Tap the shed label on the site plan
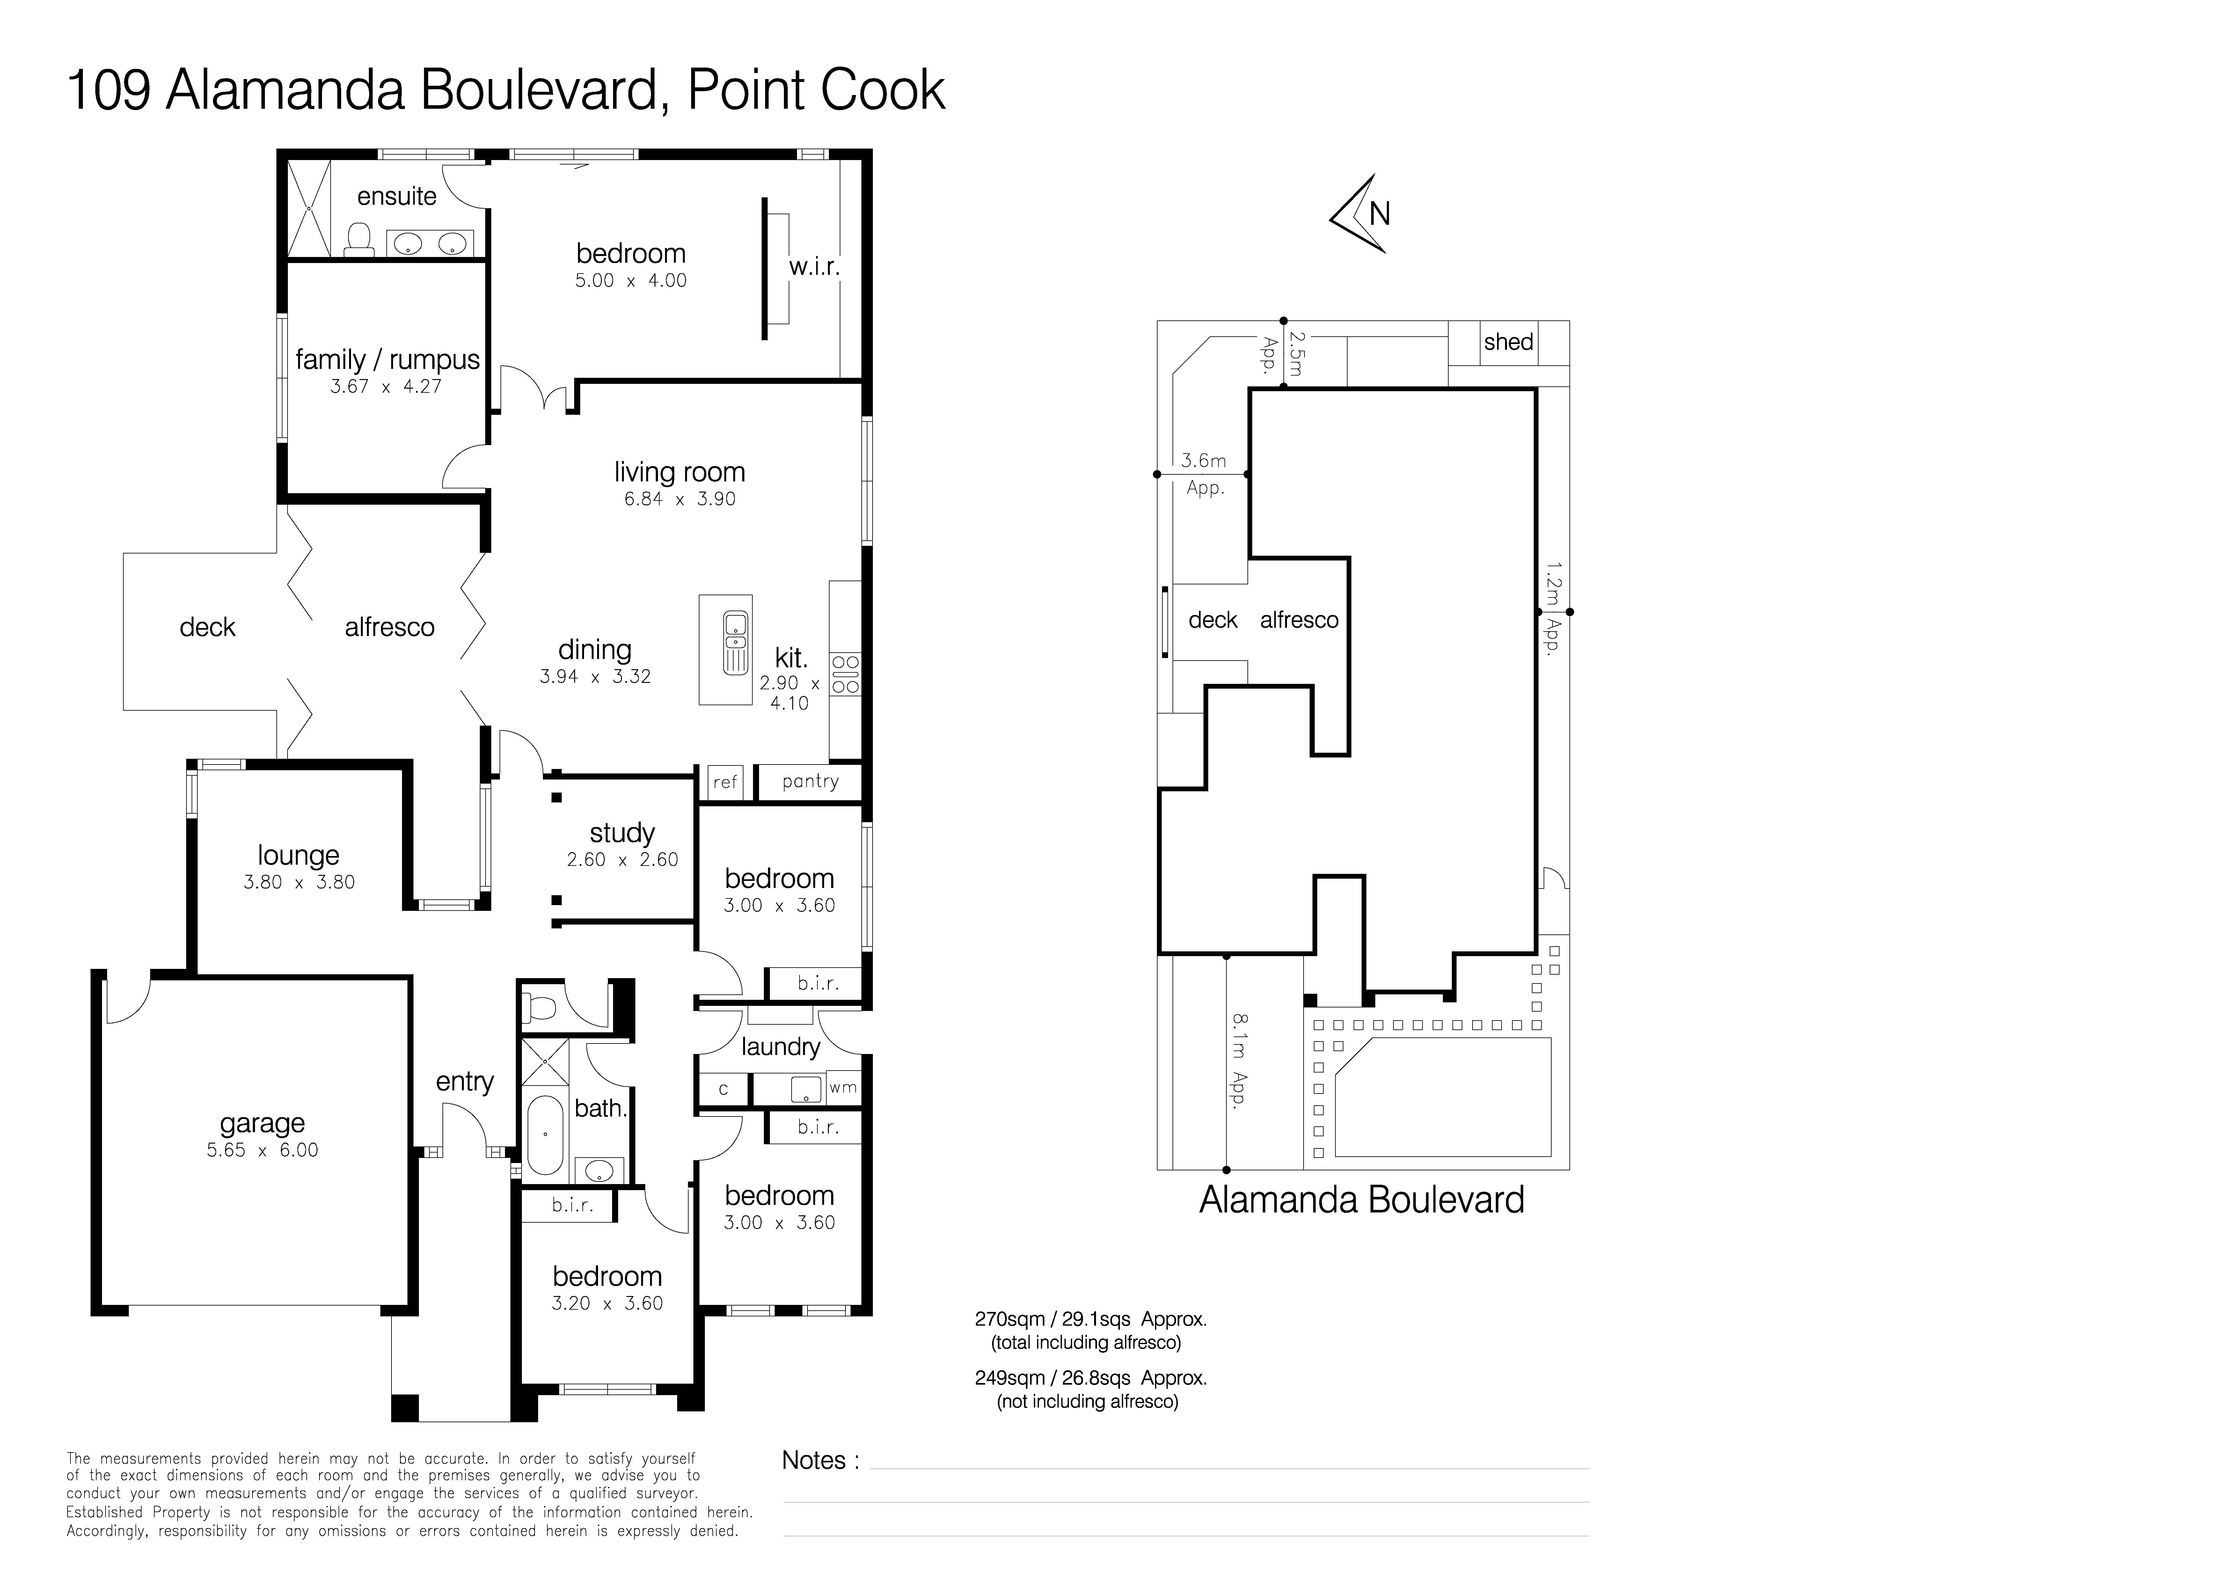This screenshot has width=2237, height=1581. pyautogui.click(x=1508, y=342)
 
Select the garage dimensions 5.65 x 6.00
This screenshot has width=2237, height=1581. pyautogui.click(x=262, y=1149)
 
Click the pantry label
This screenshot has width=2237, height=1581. pyautogui.click(x=810, y=781)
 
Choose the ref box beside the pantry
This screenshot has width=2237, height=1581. pyautogui.click(x=725, y=781)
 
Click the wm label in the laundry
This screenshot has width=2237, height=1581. pyautogui.click(x=843, y=1087)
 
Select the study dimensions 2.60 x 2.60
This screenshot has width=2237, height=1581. pyautogui.click(x=623, y=859)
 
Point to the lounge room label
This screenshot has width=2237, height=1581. pyautogui.click(x=298, y=855)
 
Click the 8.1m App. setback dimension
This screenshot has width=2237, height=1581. pyautogui.click(x=1238, y=1061)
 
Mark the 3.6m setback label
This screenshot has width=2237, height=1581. pyautogui.click(x=1203, y=461)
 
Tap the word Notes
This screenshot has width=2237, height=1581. pyautogui.click(x=814, y=1460)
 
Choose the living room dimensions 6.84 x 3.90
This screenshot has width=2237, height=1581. pyautogui.click(x=680, y=499)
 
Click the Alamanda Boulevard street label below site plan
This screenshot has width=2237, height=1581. pyautogui.click(x=1361, y=1200)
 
